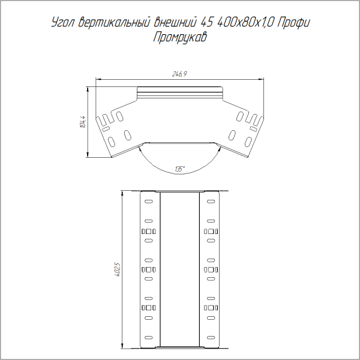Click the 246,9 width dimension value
181,74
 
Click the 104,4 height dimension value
83,122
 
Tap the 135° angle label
180,169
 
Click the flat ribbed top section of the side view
180,93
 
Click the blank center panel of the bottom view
179,270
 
